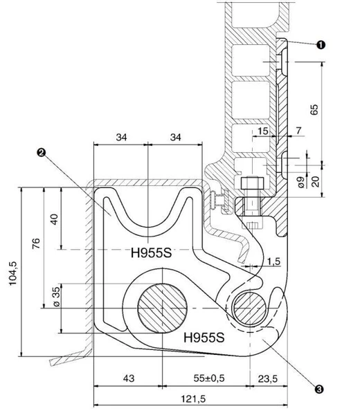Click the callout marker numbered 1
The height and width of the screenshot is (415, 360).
(321, 45)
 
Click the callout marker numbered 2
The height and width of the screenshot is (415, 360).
(42, 152)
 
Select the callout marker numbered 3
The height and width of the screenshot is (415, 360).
(319, 389)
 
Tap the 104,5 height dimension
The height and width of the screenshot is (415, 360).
(13, 273)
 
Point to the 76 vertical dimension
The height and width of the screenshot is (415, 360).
(36, 243)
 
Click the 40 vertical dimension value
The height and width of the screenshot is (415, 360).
(54, 219)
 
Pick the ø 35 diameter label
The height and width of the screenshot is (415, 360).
(57, 297)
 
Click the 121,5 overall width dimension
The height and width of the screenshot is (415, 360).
(193, 399)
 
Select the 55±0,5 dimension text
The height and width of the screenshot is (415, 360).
(209, 378)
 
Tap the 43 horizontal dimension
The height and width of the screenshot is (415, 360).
(129, 378)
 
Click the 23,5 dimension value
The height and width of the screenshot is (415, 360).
(268, 379)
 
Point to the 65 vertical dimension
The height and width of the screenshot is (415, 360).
(314, 109)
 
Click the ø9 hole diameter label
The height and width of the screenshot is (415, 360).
(301, 182)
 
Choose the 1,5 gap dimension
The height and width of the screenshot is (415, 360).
(273, 261)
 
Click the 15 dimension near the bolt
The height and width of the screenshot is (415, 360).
(263, 131)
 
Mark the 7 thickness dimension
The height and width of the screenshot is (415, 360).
(298, 131)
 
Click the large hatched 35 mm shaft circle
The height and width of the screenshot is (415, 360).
(163, 308)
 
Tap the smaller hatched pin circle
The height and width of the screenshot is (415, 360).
(250, 308)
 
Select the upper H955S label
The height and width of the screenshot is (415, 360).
(151, 252)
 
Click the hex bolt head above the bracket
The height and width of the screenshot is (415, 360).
(253, 183)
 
